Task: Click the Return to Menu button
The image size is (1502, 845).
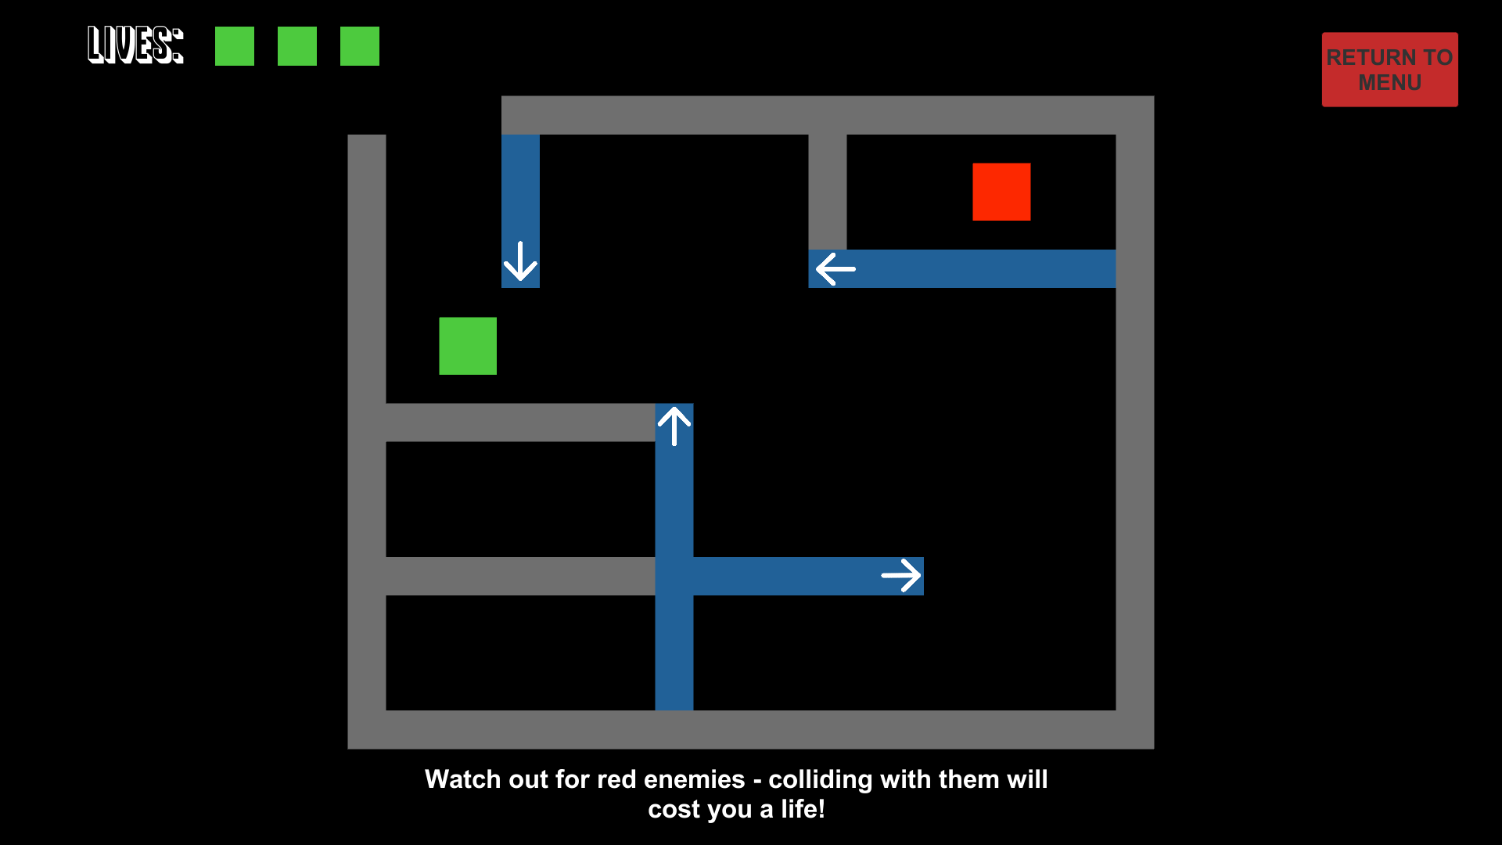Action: point(1389,70)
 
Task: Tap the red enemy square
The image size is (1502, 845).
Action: point(1001,192)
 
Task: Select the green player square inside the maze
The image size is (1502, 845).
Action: point(468,346)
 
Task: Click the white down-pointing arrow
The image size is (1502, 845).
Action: point(520,261)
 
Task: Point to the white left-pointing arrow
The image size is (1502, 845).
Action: point(835,269)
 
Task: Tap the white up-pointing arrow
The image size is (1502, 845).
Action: point(674,426)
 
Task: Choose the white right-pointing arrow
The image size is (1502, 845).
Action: point(901,576)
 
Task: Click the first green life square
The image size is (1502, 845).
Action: point(235,46)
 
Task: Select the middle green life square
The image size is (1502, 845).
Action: point(297,46)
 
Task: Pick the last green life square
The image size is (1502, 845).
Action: point(360,46)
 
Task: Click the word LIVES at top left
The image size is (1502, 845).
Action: point(135,45)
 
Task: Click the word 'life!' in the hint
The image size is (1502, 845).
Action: point(803,809)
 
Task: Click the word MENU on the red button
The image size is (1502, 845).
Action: point(1389,83)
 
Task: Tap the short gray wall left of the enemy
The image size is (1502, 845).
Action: point(828,192)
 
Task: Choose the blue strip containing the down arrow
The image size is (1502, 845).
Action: point(520,211)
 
